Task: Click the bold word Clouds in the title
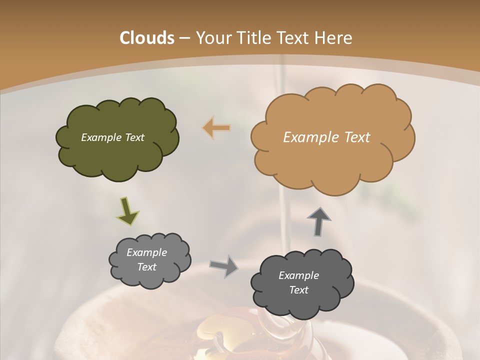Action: pyautogui.click(x=147, y=38)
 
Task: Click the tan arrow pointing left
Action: pyautogui.click(x=216, y=128)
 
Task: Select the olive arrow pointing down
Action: pyautogui.click(x=127, y=211)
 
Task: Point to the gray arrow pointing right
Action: pyautogui.click(x=223, y=265)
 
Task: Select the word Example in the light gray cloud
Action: pyautogui.click(x=147, y=252)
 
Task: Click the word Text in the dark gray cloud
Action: pyautogui.click(x=298, y=290)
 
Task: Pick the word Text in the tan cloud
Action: pyautogui.click(x=357, y=137)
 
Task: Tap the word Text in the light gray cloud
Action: pyautogui.click(x=147, y=267)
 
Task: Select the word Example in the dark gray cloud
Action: pyautogui.click(x=298, y=275)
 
